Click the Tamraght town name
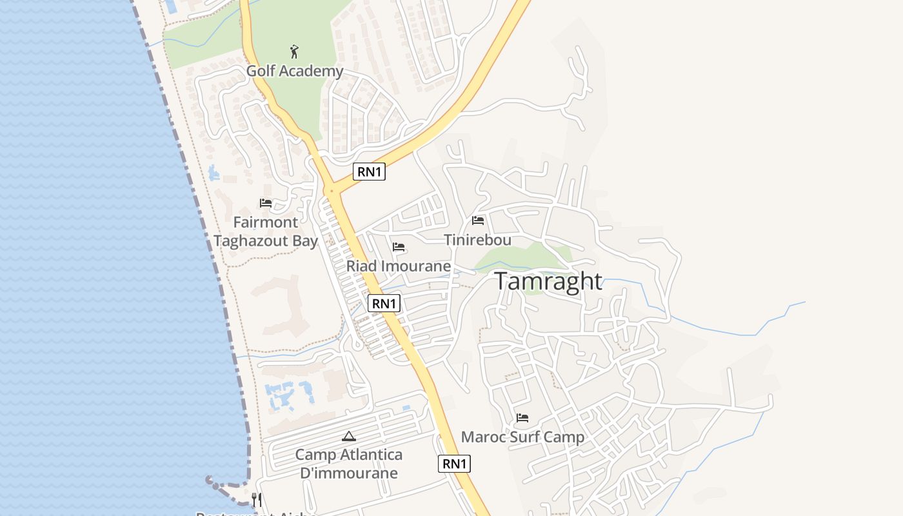coord(548,281)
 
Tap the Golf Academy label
coord(295,70)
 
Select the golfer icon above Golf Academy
coord(295,52)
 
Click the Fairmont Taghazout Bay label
coord(266,232)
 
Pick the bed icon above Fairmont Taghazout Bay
coord(265,203)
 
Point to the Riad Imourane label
coord(398,266)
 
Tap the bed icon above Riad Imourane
coord(399,247)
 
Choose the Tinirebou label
coord(477,240)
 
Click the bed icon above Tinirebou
coord(478,221)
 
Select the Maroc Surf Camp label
coord(522,437)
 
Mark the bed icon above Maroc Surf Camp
coord(522,418)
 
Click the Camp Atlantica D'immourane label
coord(349,463)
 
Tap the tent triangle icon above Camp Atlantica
coord(349,437)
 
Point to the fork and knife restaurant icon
coord(257,499)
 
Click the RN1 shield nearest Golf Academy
coord(370,172)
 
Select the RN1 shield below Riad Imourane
coord(384,303)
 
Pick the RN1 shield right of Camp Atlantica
coord(455,463)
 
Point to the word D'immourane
coord(349,472)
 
